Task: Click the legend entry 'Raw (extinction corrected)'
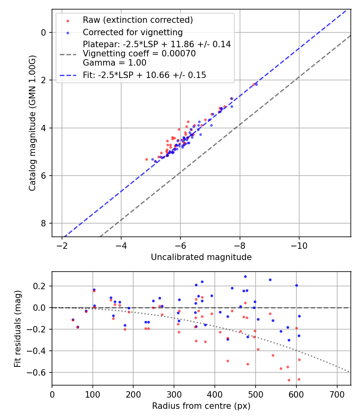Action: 138,20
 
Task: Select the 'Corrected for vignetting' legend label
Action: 132,32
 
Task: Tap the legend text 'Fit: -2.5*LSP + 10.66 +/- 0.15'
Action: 144,75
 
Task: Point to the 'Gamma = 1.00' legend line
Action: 114,63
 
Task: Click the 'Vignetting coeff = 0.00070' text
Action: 139,54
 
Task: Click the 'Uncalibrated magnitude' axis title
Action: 201,257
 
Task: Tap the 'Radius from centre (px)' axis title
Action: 201,406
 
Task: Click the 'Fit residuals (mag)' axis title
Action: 17,328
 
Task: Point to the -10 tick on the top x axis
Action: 299,245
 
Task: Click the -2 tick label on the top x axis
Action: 62,245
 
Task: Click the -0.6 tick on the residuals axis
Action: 39,372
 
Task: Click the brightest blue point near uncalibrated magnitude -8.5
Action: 256,84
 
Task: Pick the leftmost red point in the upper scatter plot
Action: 146,159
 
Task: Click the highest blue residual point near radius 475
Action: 245,276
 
